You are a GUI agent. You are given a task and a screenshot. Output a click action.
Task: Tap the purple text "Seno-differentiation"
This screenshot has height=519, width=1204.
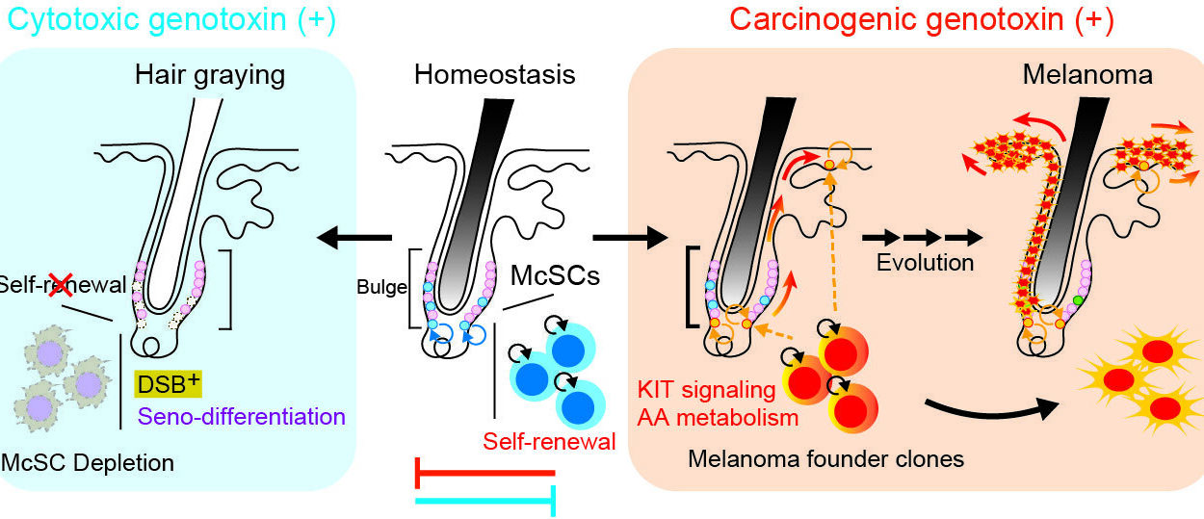click(241, 417)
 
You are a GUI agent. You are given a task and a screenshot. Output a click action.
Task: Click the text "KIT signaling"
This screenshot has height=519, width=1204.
click(706, 391)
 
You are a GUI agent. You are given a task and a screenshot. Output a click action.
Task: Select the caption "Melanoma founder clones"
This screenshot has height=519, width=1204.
click(825, 459)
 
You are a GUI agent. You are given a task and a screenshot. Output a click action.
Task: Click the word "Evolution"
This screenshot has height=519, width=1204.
click(925, 262)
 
